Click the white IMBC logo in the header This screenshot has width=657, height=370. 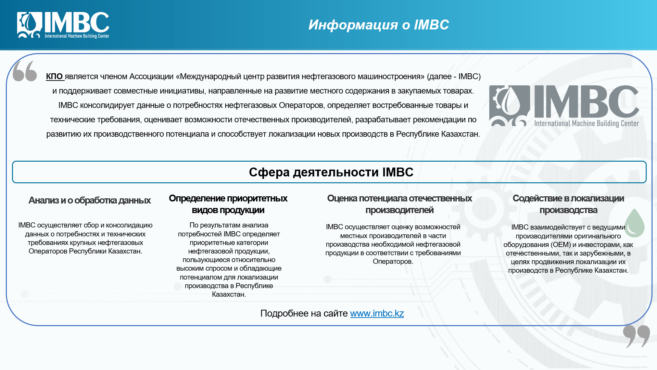63,25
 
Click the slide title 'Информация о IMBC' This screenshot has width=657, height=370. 378,25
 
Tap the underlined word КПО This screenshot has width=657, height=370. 55,76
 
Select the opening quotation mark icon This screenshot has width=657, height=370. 25,71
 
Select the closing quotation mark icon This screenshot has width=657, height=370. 636,336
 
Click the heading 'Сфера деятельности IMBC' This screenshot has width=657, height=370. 331,172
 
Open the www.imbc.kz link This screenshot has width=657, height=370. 377,313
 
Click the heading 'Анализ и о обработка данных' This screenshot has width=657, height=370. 89,200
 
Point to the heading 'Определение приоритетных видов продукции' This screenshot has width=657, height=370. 228,204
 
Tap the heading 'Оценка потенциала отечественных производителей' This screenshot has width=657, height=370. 399,204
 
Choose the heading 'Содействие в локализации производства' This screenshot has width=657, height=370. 568,204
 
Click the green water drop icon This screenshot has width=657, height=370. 634,223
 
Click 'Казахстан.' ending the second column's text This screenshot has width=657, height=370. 229,294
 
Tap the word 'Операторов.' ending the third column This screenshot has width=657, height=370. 393,261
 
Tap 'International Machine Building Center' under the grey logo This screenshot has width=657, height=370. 586,123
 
